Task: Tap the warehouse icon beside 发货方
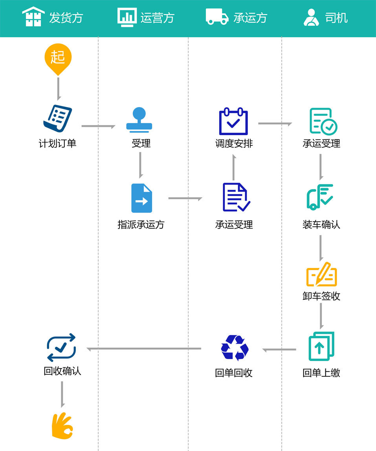33,17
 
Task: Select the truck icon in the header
217,17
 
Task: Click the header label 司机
336,18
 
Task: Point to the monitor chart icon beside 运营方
127,17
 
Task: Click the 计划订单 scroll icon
57,119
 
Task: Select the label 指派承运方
141,225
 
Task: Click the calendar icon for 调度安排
233,121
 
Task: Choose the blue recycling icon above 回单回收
235,348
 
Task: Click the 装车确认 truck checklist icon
320,196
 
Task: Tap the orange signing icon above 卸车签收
321,274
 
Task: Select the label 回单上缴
321,373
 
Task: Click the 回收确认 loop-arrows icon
61,347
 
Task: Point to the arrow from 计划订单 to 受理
98,126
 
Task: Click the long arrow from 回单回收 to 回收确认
144,349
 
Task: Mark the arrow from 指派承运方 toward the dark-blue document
185,198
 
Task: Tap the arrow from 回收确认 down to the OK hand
62,394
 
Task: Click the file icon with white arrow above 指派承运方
141,198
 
